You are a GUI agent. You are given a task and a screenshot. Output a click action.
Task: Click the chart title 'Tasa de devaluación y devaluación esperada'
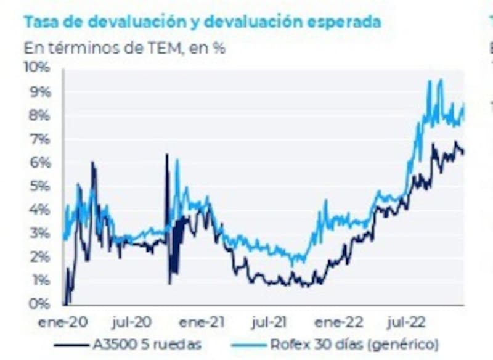click(x=202, y=22)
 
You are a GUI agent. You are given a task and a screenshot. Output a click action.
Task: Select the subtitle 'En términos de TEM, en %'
click(x=124, y=47)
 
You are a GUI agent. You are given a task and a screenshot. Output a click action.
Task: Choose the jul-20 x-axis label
click(x=133, y=322)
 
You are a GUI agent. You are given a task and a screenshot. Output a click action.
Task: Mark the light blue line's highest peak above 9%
click(x=440, y=80)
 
